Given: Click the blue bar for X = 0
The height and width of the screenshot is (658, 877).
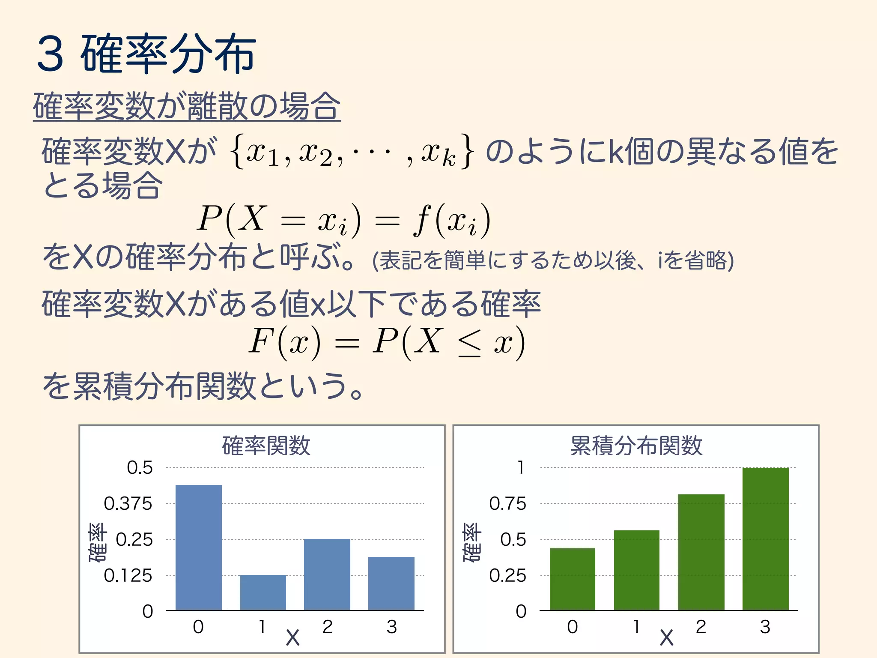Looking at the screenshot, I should [x=199, y=547].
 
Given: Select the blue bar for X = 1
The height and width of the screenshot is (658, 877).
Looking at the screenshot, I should [x=263, y=592].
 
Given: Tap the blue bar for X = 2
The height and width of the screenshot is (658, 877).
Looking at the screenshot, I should [x=327, y=574].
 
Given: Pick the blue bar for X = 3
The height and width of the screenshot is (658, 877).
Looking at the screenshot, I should [x=391, y=583].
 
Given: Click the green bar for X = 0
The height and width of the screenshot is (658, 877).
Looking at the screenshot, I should [x=573, y=579].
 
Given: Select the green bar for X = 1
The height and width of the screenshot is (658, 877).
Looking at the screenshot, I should [x=637, y=570].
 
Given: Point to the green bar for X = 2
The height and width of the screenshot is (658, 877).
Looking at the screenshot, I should [x=701, y=552].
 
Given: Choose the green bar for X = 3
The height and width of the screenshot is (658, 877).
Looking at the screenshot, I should [x=766, y=539].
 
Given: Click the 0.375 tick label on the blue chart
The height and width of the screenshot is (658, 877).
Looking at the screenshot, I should [x=128, y=503].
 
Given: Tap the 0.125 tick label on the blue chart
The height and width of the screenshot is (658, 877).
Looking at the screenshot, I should [x=128, y=575].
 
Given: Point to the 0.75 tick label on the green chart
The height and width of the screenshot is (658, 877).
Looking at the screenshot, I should [x=507, y=503].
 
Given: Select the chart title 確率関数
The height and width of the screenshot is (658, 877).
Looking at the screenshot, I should [x=266, y=446].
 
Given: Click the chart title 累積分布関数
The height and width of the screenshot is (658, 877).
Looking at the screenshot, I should [x=636, y=446].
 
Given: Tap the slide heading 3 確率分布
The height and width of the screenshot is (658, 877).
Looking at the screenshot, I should [x=146, y=54].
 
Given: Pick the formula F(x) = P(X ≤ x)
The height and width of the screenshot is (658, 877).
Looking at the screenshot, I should [x=387, y=342].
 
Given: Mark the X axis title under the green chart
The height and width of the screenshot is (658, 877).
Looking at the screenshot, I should [x=666, y=637].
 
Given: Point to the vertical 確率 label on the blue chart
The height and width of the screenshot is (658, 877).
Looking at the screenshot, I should [x=98, y=542].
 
